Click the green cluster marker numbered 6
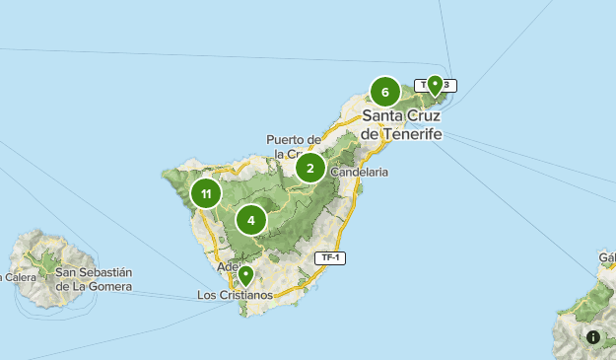384,92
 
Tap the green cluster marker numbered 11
206,193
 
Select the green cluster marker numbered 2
310,168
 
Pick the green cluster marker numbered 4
252,220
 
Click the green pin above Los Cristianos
245,274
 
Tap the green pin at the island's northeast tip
434,85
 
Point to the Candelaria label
360,172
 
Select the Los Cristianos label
235,295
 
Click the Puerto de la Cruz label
295,146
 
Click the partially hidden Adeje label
227,266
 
